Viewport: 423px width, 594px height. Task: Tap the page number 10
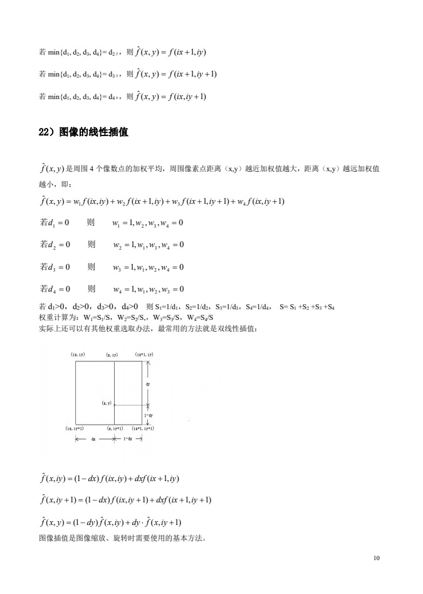[x=376, y=557]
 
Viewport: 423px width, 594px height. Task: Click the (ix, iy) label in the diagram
[x=78, y=355]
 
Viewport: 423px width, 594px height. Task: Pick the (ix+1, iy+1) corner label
[x=143, y=428]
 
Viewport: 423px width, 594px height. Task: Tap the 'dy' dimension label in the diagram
[x=148, y=383]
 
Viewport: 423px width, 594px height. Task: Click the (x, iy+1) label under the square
[x=115, y=428]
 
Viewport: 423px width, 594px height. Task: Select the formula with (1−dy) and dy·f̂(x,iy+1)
[x=110, y=522]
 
